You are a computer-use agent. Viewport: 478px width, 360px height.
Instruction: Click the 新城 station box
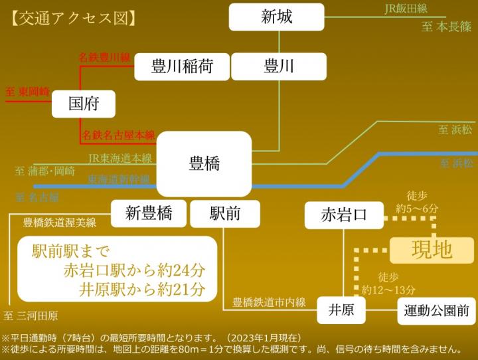point(276,17)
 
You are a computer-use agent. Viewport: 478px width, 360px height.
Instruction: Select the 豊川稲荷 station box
point(181,66)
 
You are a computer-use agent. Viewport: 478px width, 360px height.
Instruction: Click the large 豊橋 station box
point(204,163)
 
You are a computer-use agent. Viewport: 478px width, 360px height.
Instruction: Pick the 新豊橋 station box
point(149,213)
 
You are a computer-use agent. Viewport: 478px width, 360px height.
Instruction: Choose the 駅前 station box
point(225,213)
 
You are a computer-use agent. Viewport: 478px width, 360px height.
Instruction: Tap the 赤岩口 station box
point(343,215)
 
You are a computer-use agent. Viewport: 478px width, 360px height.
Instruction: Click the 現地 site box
point(432,250)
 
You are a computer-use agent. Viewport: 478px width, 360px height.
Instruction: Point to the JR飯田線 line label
point(406,9)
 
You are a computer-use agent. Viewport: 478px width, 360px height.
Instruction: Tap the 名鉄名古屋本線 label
point(118,135)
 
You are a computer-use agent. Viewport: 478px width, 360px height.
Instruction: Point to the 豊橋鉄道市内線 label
point(269,302)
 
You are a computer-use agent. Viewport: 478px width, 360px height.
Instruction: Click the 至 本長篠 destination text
point(447,28)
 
